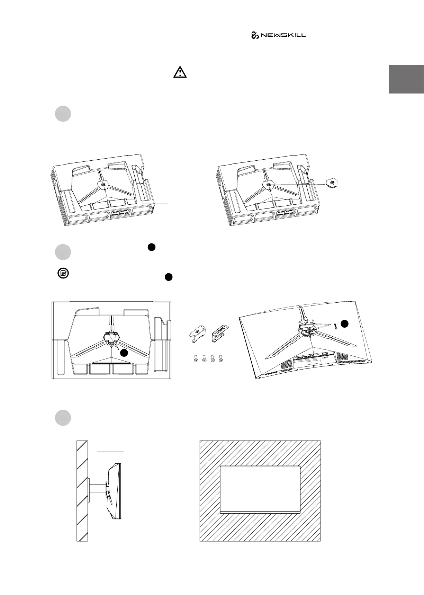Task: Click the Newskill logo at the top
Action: (278, 35)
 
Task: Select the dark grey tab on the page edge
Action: (406, 79)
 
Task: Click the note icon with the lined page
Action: (63, 274)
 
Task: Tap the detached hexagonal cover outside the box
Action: (332, 183)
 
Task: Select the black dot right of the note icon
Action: (168, 277)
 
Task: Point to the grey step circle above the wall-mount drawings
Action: (63, 418)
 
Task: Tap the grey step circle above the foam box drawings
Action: (63, 114)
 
